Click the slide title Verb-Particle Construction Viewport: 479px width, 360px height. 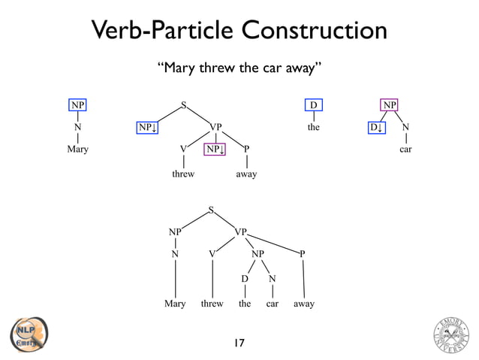239,31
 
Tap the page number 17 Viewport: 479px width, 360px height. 239,343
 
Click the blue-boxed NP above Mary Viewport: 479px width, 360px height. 77,104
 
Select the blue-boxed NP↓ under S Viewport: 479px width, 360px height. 147,127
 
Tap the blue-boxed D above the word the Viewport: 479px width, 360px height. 314,104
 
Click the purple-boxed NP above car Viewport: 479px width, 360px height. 389,104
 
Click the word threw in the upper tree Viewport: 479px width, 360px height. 184,174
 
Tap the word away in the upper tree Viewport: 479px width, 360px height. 246,174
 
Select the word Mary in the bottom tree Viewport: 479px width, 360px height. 175,304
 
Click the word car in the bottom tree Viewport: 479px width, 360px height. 273,304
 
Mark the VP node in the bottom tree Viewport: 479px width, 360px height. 242,232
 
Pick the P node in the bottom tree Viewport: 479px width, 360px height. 303,254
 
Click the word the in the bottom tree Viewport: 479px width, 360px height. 245,304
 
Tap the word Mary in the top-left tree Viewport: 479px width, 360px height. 77,150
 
